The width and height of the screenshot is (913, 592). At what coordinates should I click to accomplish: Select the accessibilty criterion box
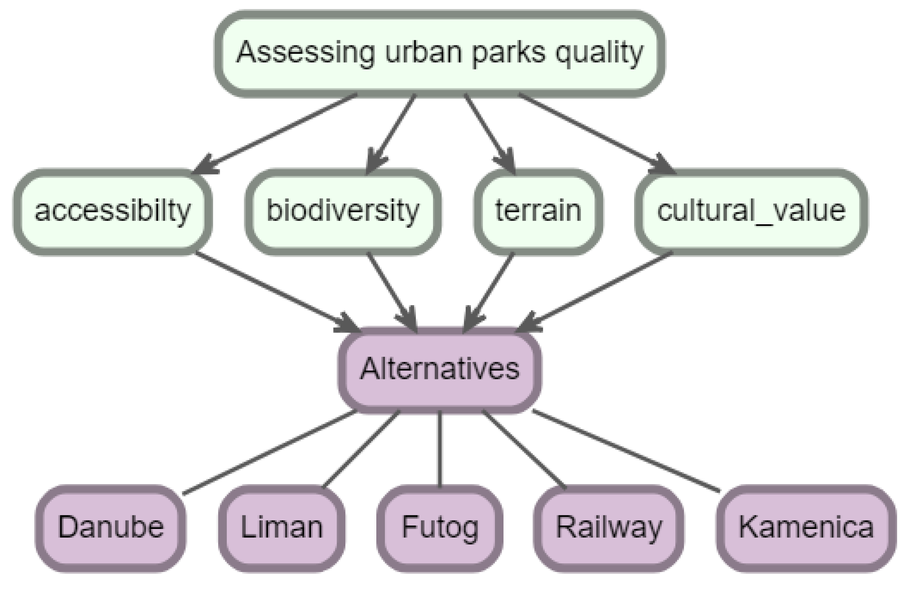coord(113,212)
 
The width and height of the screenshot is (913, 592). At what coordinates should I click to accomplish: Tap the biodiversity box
coord(343,212)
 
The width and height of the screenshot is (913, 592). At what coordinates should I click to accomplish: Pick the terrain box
coord(538,212)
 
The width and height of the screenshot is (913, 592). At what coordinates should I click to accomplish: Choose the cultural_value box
coord(751,212)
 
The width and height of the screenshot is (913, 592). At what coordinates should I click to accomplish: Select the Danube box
coord(111,528)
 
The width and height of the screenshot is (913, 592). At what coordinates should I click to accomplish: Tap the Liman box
coord(282,528)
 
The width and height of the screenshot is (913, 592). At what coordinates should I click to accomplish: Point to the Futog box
coord(440,528)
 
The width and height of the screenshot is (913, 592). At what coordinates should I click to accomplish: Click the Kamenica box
coord(806,528)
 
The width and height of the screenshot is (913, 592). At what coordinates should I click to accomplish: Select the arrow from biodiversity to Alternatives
coord(391,291)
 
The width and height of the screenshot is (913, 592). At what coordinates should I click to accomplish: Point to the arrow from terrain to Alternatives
coord(489,291)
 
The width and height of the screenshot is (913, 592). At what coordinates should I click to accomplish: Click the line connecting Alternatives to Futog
coord(440,449)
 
